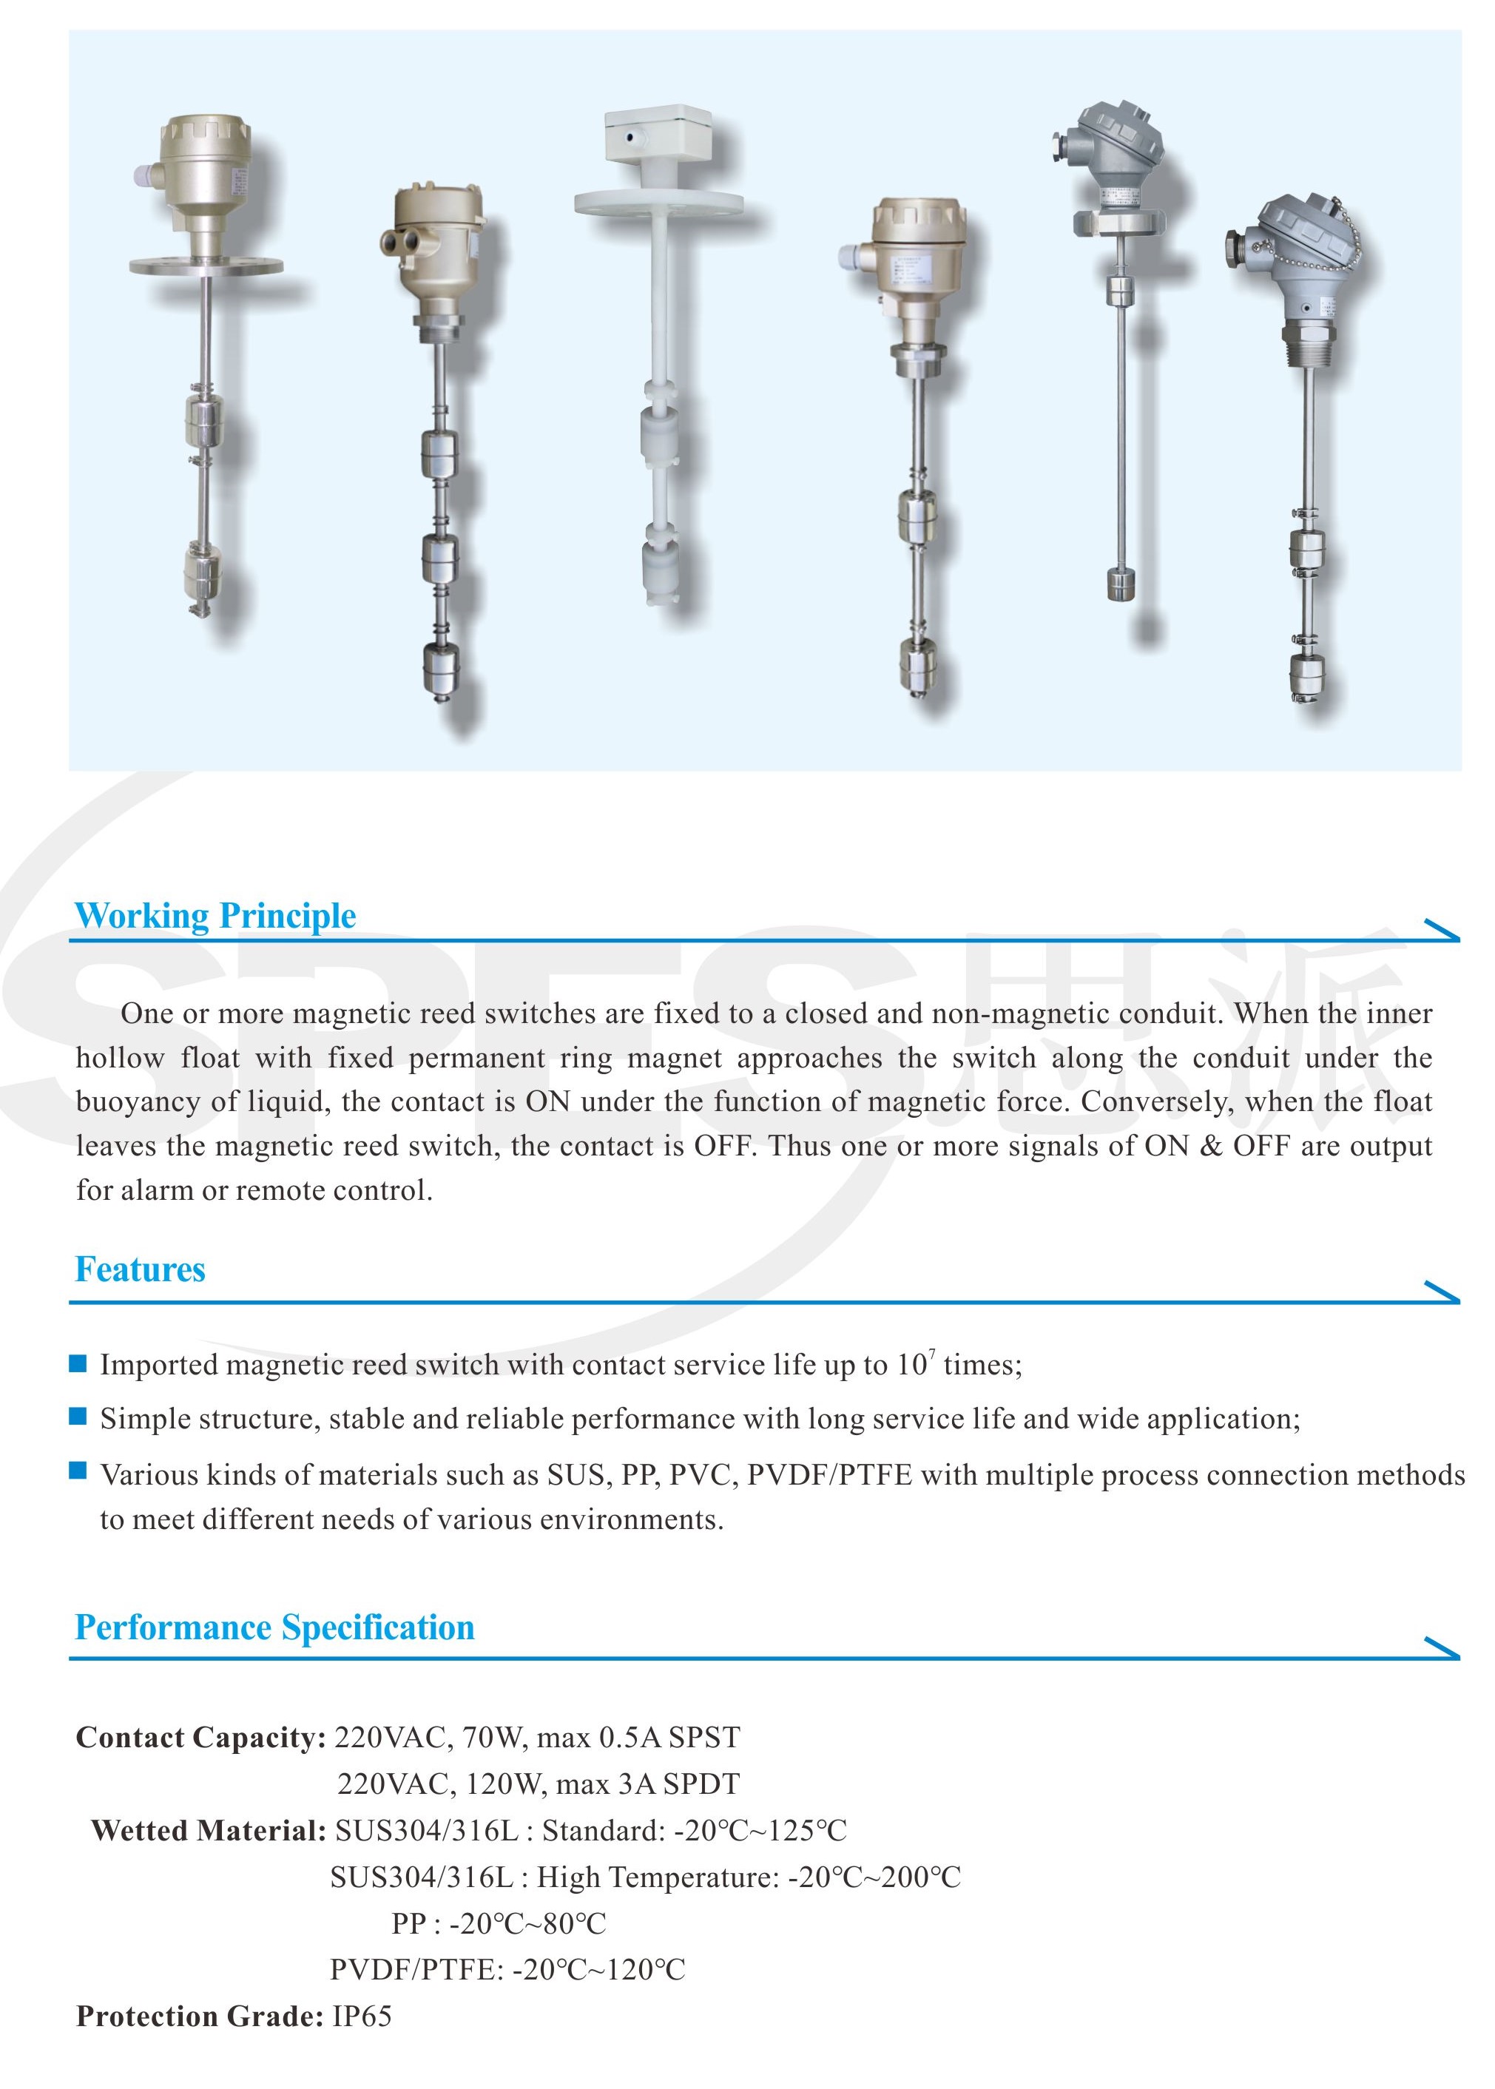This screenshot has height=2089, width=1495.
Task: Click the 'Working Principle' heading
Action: [x=215, y=916]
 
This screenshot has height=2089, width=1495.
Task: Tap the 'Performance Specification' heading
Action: [x=274, y=1627]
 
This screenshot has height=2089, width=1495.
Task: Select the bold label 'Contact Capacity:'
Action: [x=200, y=1738]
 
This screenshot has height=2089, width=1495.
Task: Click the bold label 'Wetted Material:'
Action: [x=208, y=1830]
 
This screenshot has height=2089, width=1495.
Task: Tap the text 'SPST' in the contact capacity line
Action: [x=704, y=1738]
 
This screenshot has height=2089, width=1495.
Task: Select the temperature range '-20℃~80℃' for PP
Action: [x=527, y=1923]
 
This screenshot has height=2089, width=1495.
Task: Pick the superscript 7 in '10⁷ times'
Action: [x=931, y=1354]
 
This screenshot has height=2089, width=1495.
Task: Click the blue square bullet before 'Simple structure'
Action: [x=78, y=1416]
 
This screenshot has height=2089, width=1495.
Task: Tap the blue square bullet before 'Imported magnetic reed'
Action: [x=78, y=1362]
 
